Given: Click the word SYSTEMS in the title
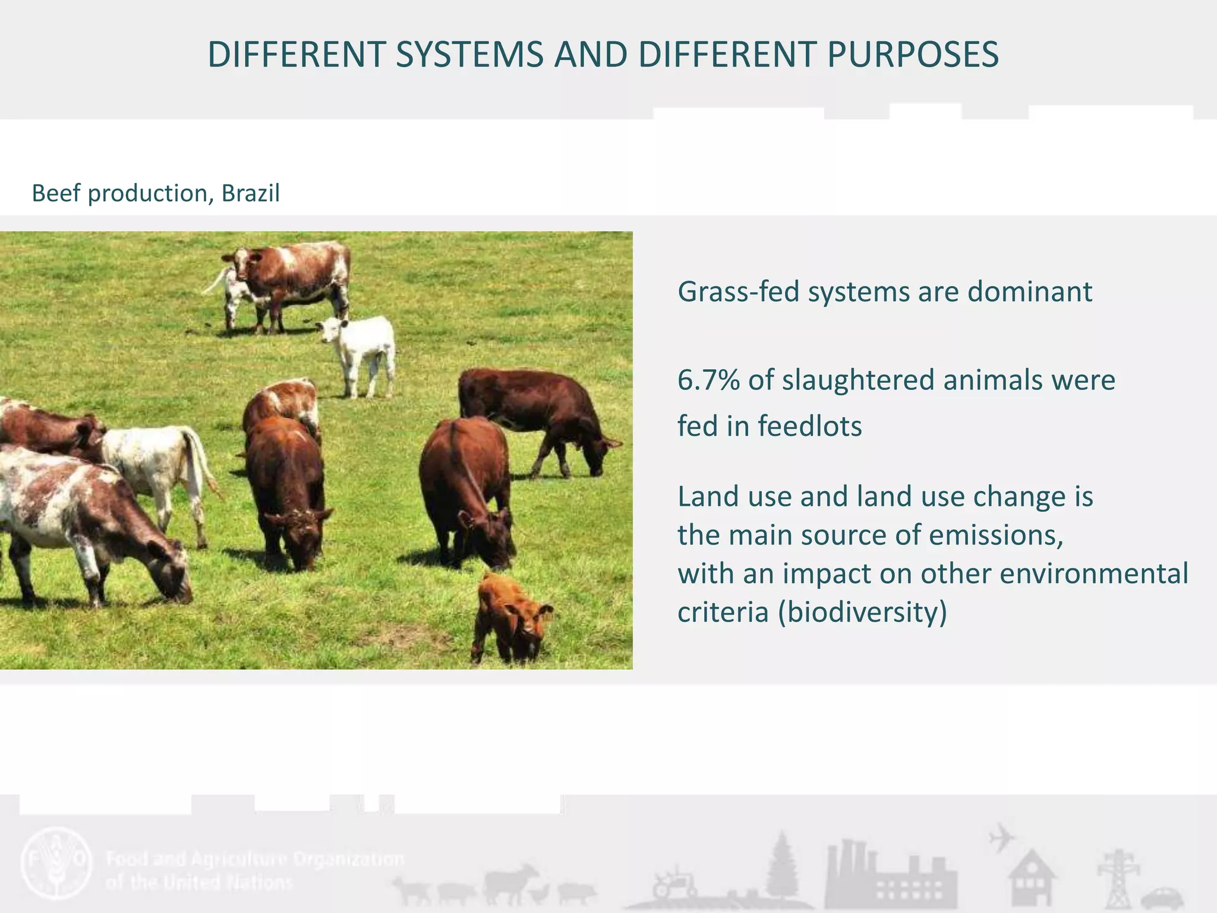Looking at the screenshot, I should (x=469, y=55).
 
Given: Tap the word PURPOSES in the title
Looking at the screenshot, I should (x=913, y=55).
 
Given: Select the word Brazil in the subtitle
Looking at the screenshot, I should (x=250, y=193).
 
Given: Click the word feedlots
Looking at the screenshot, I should (x=809, y=427).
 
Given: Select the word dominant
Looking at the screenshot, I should (x=1029, y=292).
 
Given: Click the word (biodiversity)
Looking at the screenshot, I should (x=862, y=612).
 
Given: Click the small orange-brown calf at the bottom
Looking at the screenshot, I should (x=511, y=618).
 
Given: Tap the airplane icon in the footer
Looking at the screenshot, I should (x=1002, y=838).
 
